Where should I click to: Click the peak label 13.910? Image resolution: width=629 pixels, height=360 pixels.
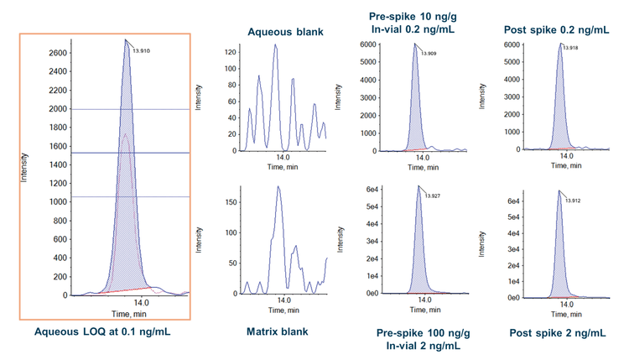[142, 50]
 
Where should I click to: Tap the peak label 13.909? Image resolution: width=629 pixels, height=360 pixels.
[428, 54]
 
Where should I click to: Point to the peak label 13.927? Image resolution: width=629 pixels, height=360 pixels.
[431, 196]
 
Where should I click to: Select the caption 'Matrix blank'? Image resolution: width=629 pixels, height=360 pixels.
[278, 331]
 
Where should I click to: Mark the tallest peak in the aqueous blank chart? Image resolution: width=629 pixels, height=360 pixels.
[274, 45]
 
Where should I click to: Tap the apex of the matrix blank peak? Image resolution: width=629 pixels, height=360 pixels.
[278, 187]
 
